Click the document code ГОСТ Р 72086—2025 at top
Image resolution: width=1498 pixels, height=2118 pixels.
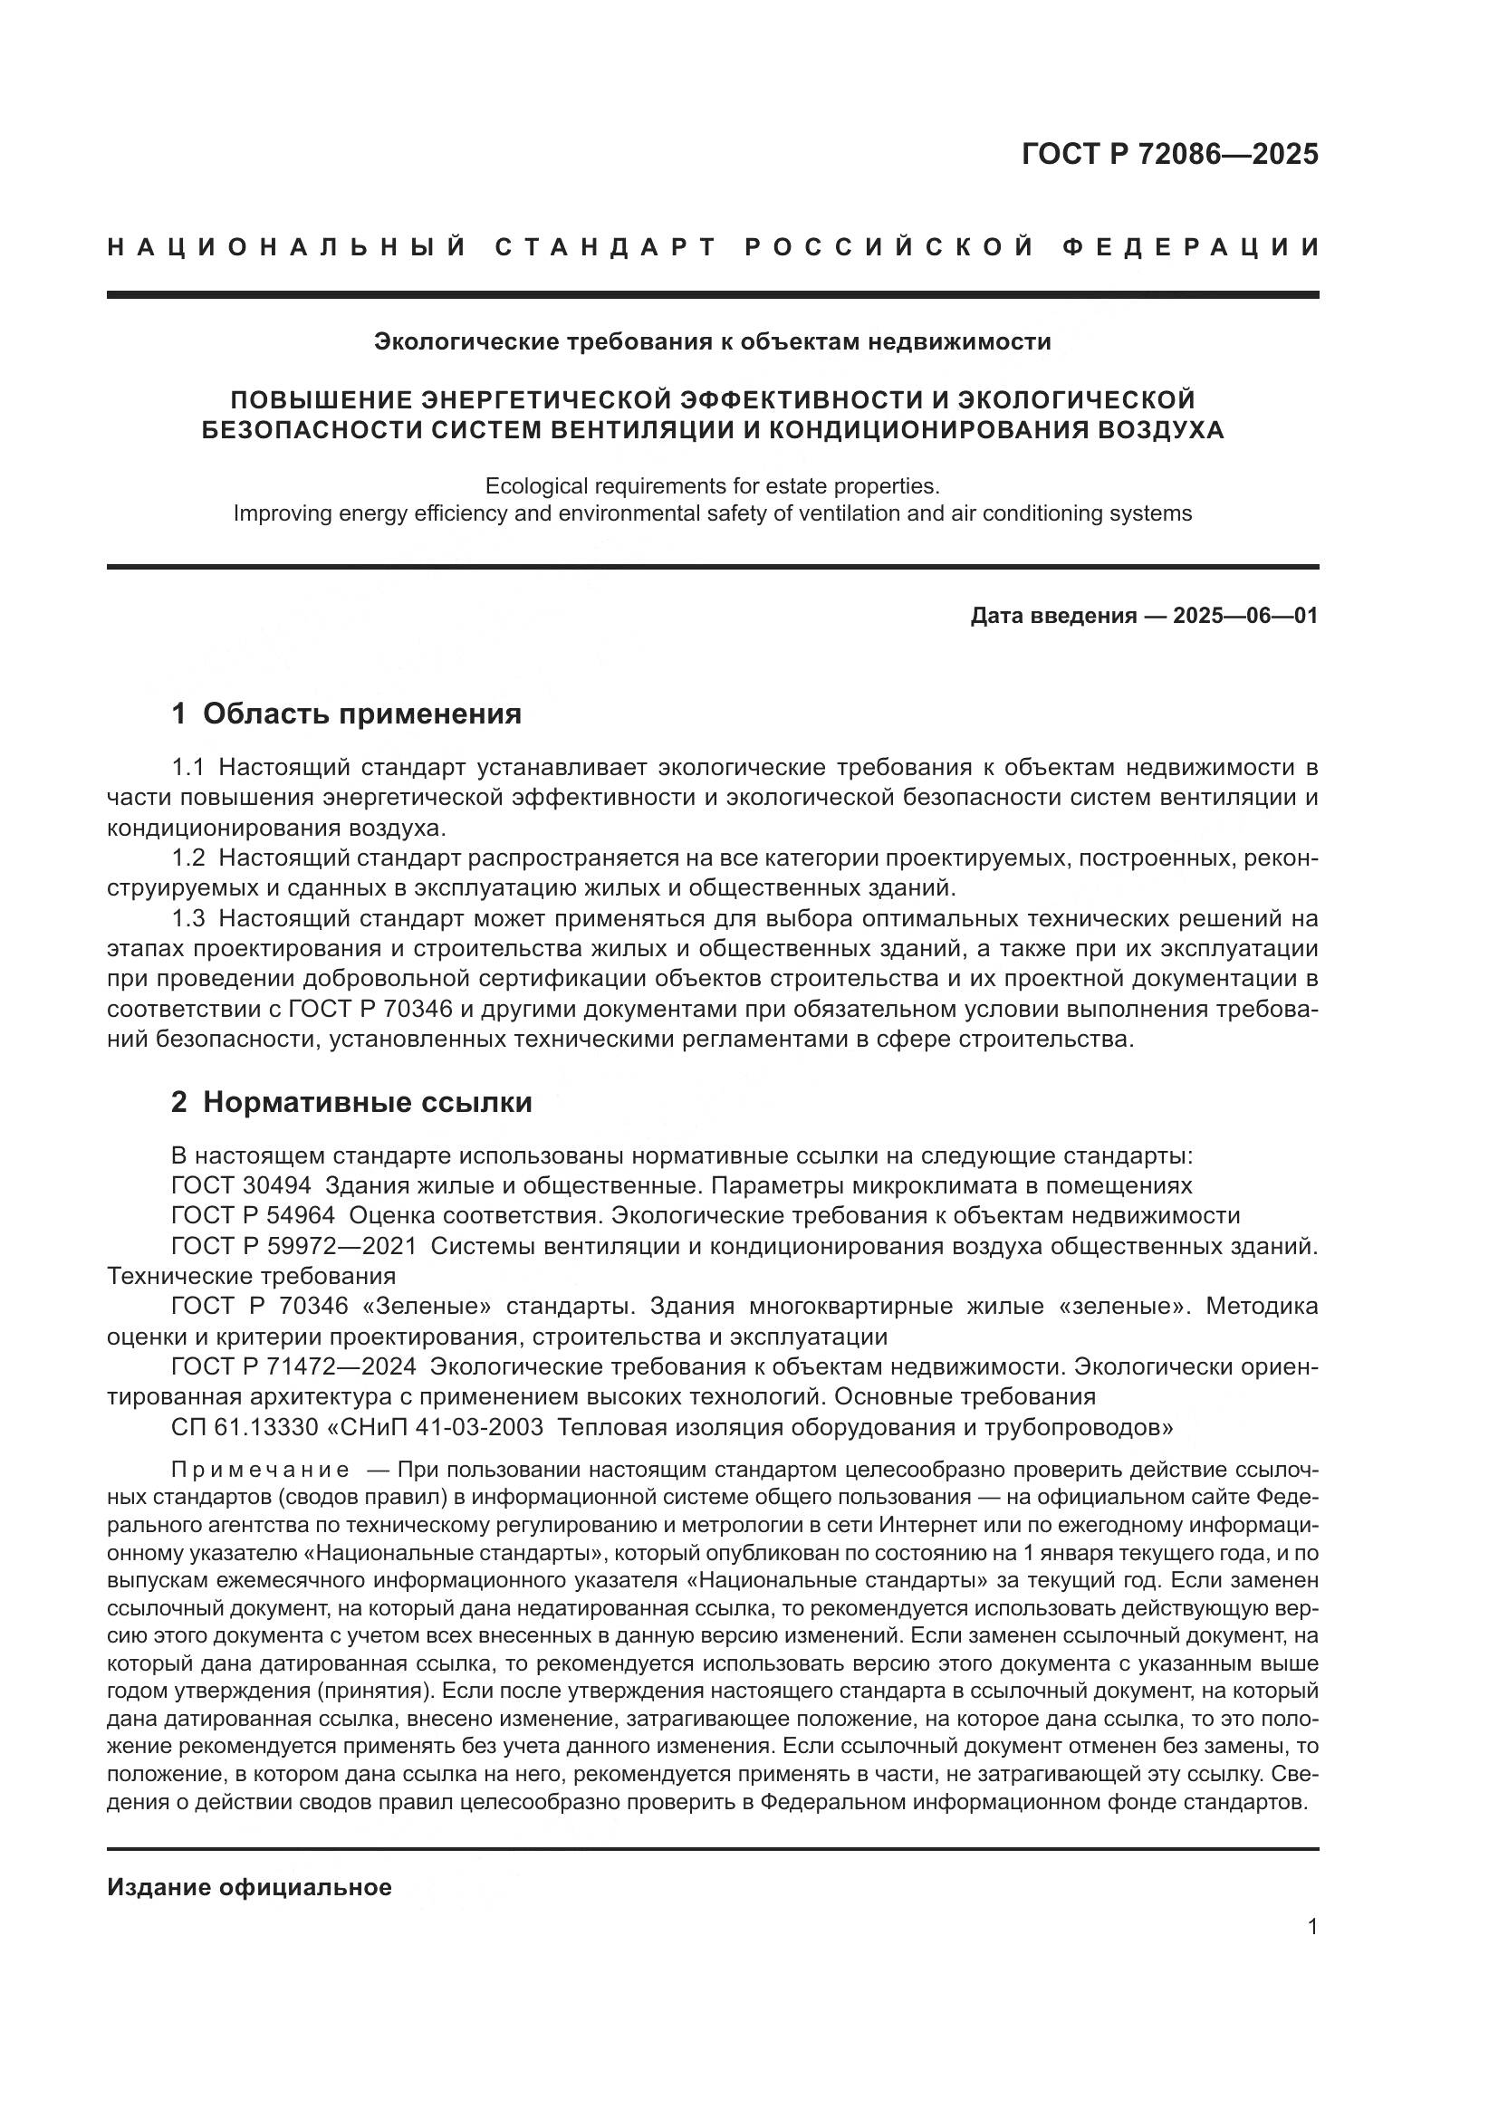tap(1169, 154)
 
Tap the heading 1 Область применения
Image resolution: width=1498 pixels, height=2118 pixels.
tap(347, 713)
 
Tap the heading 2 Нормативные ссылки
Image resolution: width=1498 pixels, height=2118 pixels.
tap(351, 1102)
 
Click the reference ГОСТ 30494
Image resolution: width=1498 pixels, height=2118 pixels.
tap(241, 1185)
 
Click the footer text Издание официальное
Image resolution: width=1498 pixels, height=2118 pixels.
tap(249, 1887)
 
